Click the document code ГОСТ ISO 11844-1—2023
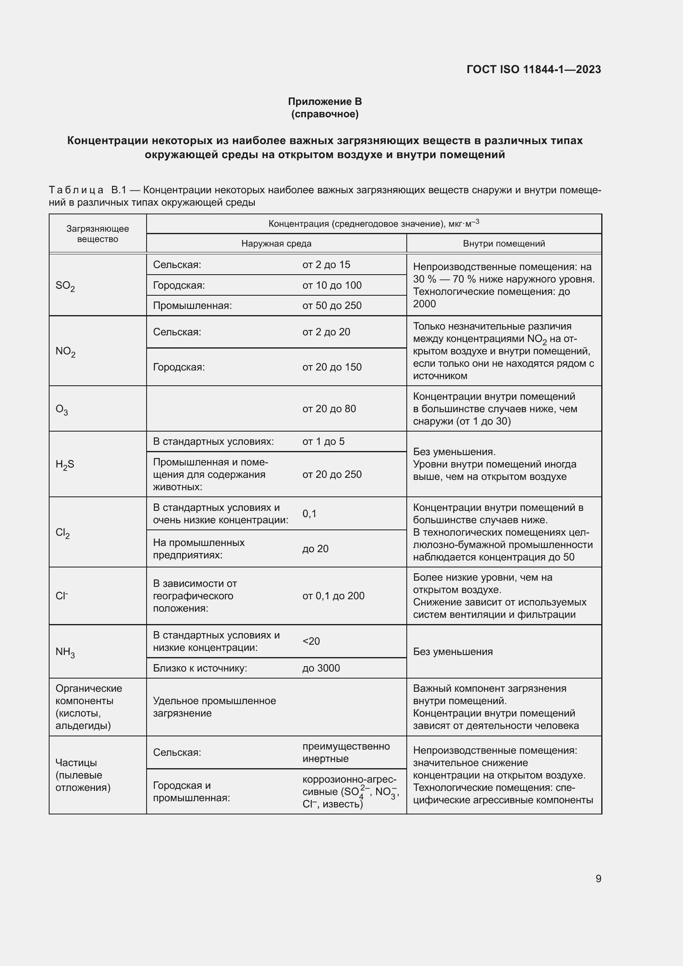533,69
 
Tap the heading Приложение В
325,102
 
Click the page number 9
598,878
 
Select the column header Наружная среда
276,244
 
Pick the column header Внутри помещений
504,244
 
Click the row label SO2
65,286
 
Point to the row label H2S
65,465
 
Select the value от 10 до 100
332,285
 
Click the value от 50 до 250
332,306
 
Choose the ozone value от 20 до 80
329,408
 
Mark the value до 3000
321,668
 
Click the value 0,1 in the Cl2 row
310,514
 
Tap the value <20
311,641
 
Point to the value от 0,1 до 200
333,596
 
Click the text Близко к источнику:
200,668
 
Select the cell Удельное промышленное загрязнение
214,707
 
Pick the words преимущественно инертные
346,752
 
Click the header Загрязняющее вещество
97,234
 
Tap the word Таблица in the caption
76,190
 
